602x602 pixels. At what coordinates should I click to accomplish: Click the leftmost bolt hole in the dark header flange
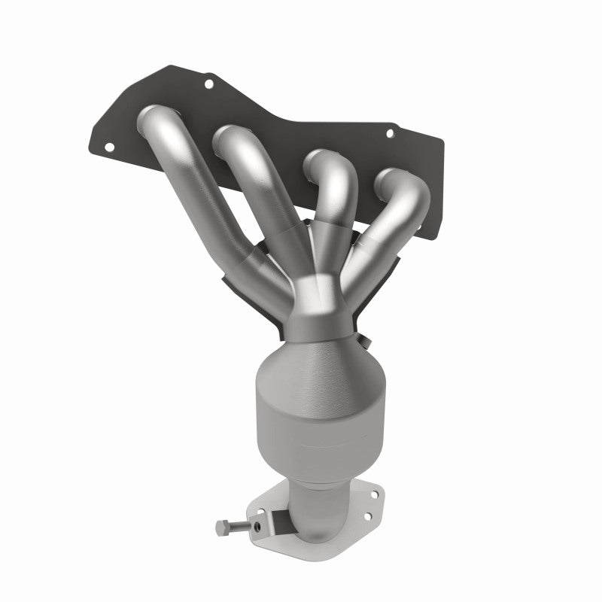105,147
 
